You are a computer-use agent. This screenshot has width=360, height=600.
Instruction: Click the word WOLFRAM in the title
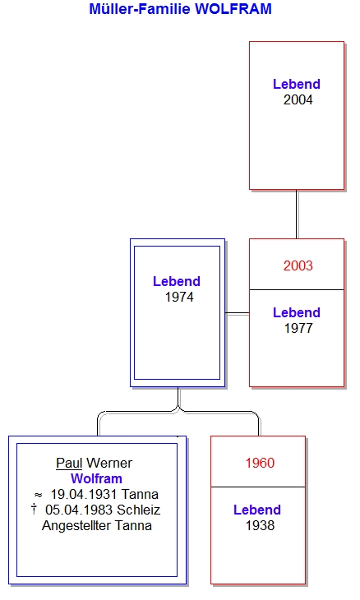233,9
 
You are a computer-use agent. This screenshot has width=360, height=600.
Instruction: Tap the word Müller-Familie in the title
140,9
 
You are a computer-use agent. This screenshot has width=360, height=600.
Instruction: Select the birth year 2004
298,100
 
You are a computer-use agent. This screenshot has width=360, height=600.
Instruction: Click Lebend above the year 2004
297,84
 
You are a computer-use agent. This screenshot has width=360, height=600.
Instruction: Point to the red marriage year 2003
298,265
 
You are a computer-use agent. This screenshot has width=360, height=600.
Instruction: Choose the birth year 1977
298,328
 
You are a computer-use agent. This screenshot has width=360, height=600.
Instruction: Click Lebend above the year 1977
297,312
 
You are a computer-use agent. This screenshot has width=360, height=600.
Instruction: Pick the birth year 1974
179,298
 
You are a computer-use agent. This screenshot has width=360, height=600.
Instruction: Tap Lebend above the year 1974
177,282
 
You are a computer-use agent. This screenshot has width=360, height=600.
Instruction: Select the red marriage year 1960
261,463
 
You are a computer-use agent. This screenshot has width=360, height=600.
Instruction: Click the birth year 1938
261,525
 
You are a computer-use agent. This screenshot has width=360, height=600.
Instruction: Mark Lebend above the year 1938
257,510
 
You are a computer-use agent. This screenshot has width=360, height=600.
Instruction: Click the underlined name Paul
69,463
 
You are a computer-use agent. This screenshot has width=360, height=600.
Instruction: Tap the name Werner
109,463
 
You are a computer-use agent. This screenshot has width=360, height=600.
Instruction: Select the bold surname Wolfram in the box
96,478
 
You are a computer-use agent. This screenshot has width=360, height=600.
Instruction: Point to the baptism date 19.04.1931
85,495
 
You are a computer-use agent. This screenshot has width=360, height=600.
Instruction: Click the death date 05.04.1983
79,510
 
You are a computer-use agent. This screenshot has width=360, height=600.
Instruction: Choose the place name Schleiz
138,510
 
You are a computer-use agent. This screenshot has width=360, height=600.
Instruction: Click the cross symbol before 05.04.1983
34,510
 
